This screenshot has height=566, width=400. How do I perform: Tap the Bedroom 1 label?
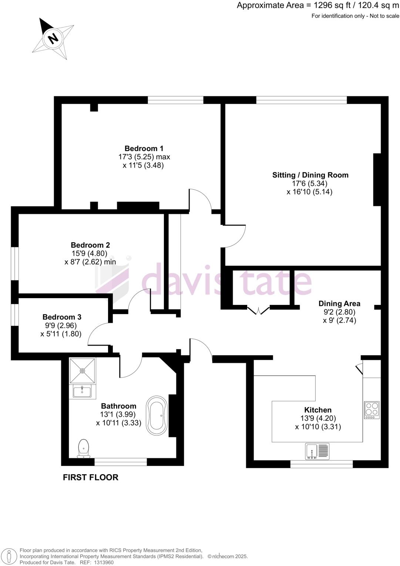tap(144, 149)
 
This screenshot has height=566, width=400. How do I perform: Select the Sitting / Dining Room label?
tap(310, 175)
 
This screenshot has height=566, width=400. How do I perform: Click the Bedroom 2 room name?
tap(90, 245)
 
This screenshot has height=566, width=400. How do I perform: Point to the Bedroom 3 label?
tap(62, 317)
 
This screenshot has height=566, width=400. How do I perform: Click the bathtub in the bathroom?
tap(157, 415)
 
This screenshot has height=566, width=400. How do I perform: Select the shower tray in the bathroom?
tap(82, 370)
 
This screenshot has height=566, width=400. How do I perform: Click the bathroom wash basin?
tap(82, 391)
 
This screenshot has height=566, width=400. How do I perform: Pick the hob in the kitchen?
tap(372, 410)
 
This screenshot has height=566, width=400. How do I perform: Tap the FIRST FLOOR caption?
tap(91, 477)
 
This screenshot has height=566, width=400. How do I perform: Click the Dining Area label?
tap(339, 304)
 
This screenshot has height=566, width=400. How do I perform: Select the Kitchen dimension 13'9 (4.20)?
tap(318, 418)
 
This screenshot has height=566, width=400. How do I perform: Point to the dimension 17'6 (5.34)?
tap(310, 183)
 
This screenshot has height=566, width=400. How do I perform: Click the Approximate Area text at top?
tap(318, 6)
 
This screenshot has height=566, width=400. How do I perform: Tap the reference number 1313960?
tap(104, 562)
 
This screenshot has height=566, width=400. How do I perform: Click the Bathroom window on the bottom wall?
tap(121, 462)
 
